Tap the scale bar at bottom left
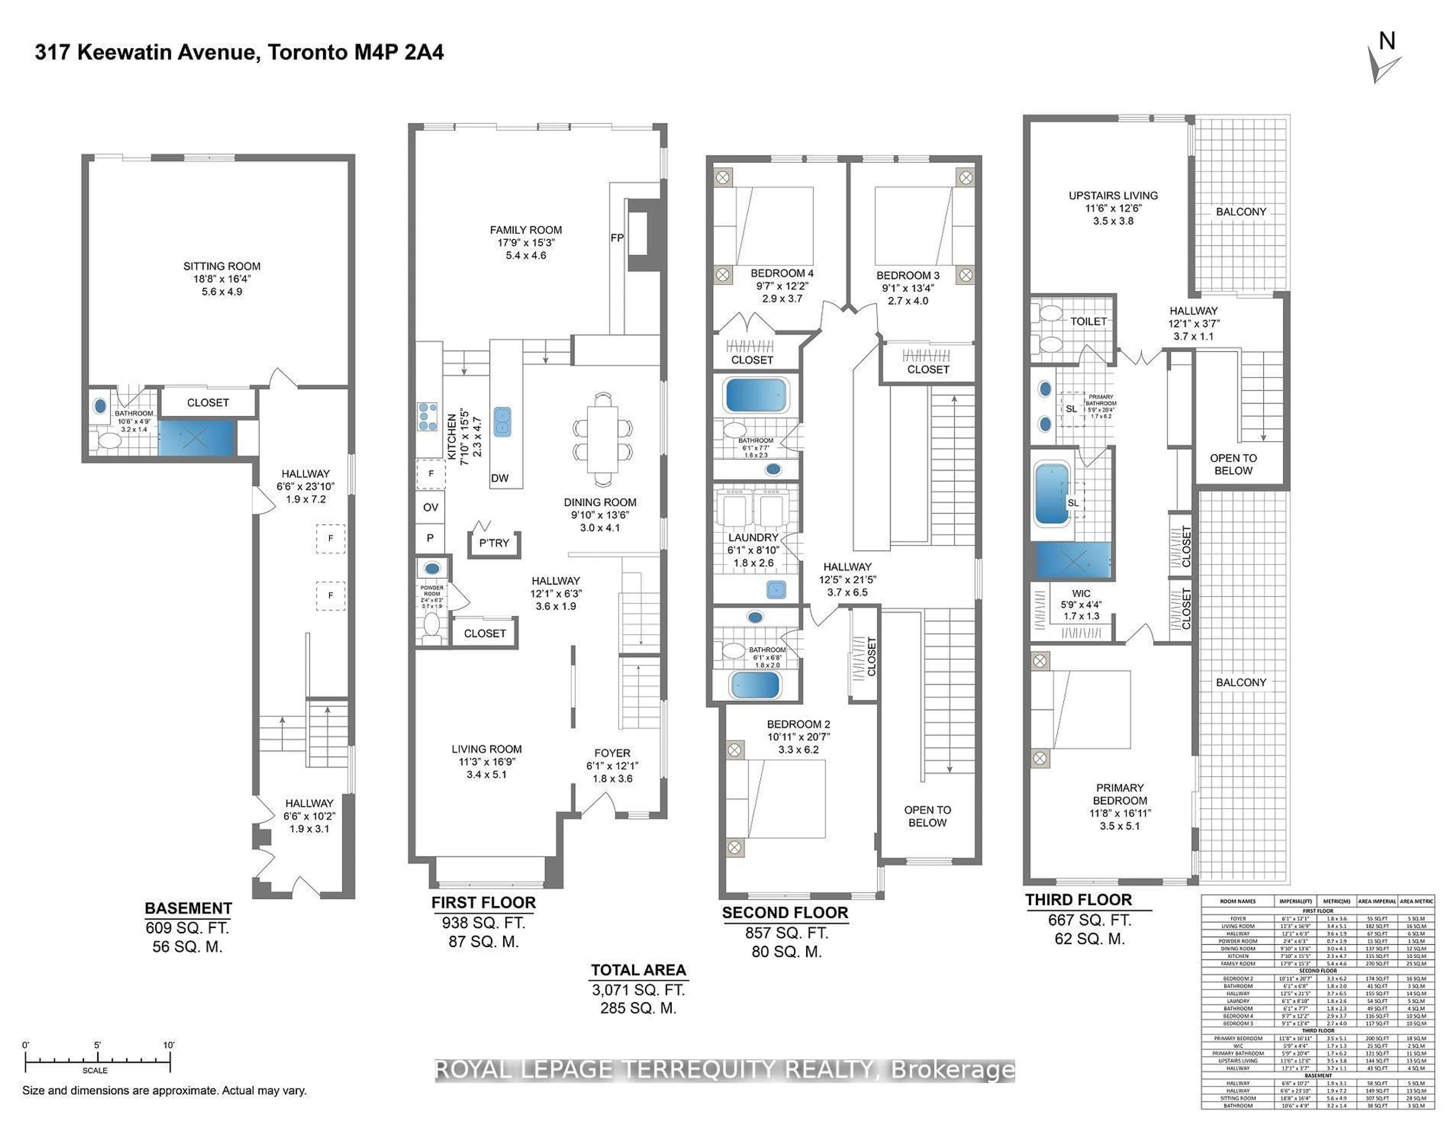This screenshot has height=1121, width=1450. tap(97, 1062)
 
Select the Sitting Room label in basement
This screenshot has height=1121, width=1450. tap(222, 266)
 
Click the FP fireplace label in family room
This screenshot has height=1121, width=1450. tap(617, 237)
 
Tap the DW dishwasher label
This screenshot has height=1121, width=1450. tap(500, 478)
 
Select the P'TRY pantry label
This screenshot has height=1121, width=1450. tap(494, 543)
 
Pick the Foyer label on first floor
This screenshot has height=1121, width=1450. tap(612, 753)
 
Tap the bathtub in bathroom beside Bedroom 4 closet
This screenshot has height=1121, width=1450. tap(756, 396)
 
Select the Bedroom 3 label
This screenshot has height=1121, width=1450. tap(908, 276)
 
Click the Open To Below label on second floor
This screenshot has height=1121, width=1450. tap(927, 816)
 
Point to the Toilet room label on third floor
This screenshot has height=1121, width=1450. tap(1088, 321)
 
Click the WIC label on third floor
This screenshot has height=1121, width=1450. tap(1081, 594)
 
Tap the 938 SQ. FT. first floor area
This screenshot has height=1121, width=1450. tap(483, 922)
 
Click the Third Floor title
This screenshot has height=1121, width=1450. tap(1078, 900)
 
